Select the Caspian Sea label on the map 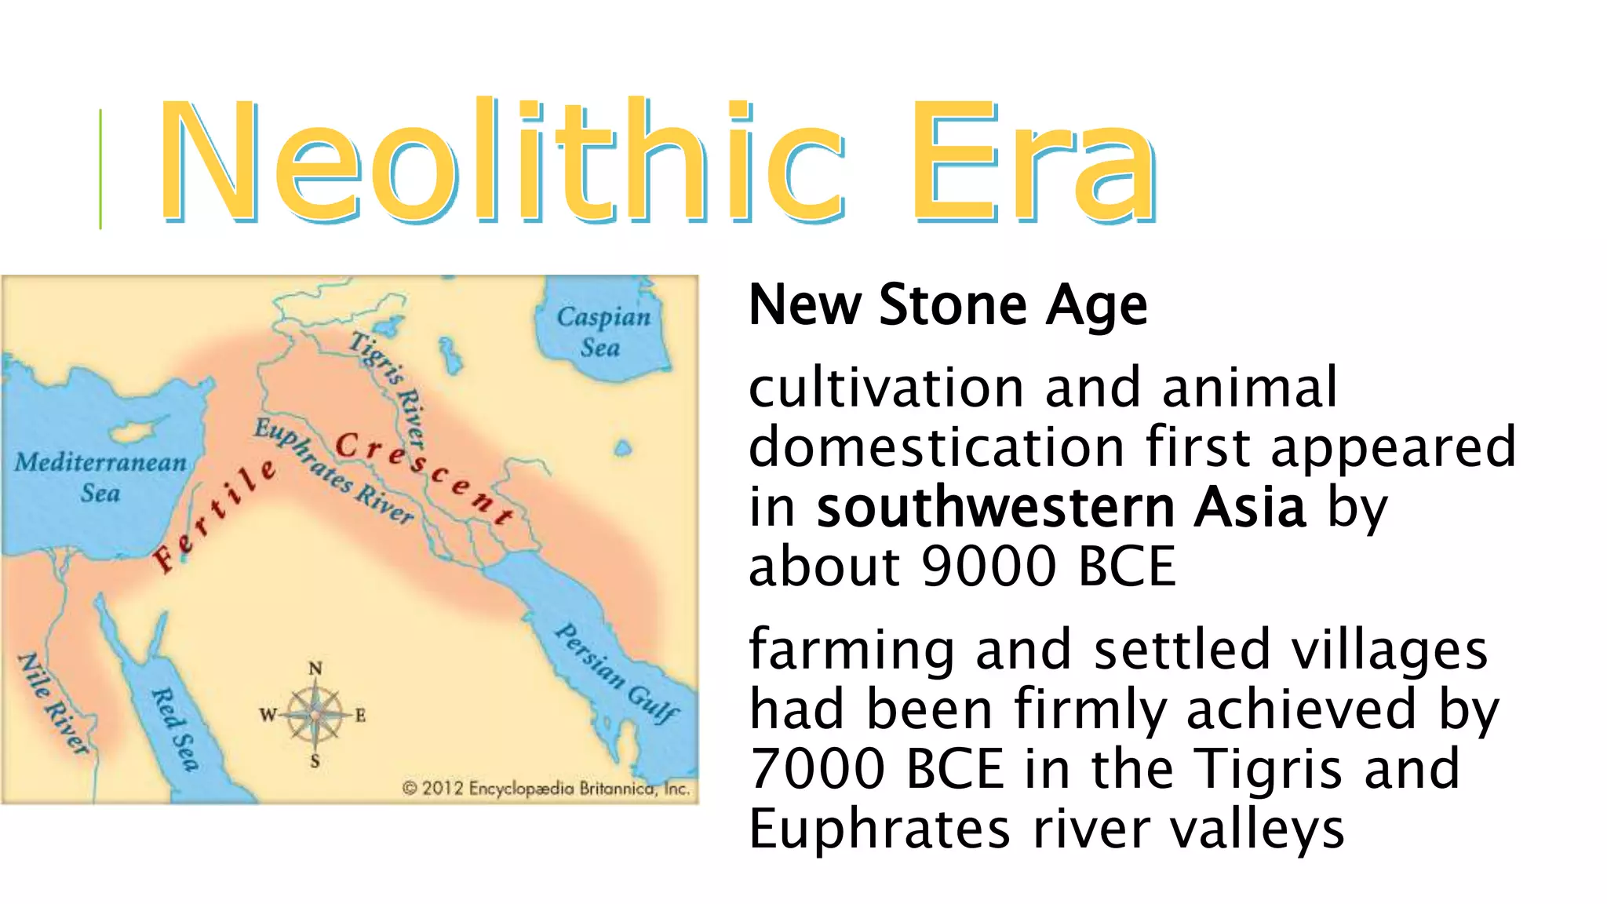603,331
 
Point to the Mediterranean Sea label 100,476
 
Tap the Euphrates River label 334,471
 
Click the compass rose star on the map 315,715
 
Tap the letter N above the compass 315,669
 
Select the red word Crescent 424,476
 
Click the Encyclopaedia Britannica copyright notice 546,788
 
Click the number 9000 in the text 989,567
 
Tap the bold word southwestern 995,508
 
